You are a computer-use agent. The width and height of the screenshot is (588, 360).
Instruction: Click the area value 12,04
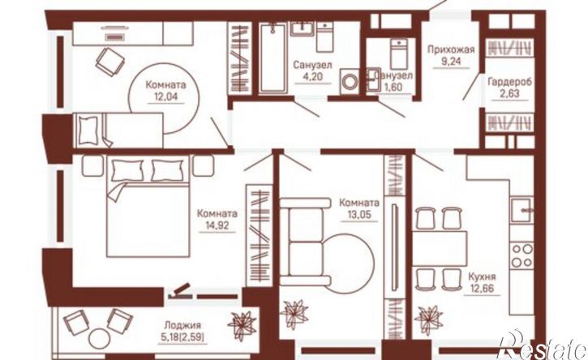pos(165,96)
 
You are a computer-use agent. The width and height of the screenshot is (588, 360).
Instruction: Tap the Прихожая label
pos(451,49)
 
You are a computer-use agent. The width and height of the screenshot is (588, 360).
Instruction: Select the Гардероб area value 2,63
pos(509,93)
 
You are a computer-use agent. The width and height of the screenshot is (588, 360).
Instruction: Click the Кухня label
pos(482,277)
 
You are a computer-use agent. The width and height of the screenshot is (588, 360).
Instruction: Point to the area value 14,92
pos(217,225)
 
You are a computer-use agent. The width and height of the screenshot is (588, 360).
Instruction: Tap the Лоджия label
pos(182,325)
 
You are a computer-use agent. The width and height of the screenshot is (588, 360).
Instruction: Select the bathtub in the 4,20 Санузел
pos(273,58)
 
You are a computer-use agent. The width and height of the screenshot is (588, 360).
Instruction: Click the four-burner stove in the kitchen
pos(521,255)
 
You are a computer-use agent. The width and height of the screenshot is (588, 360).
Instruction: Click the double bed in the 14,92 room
pos(148,206)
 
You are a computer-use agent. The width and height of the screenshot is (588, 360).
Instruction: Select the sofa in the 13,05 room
pos(305,242)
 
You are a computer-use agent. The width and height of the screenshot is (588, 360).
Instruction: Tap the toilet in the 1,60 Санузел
pos(398,54)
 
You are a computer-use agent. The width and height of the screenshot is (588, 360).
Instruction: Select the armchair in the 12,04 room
pos(109,62)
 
